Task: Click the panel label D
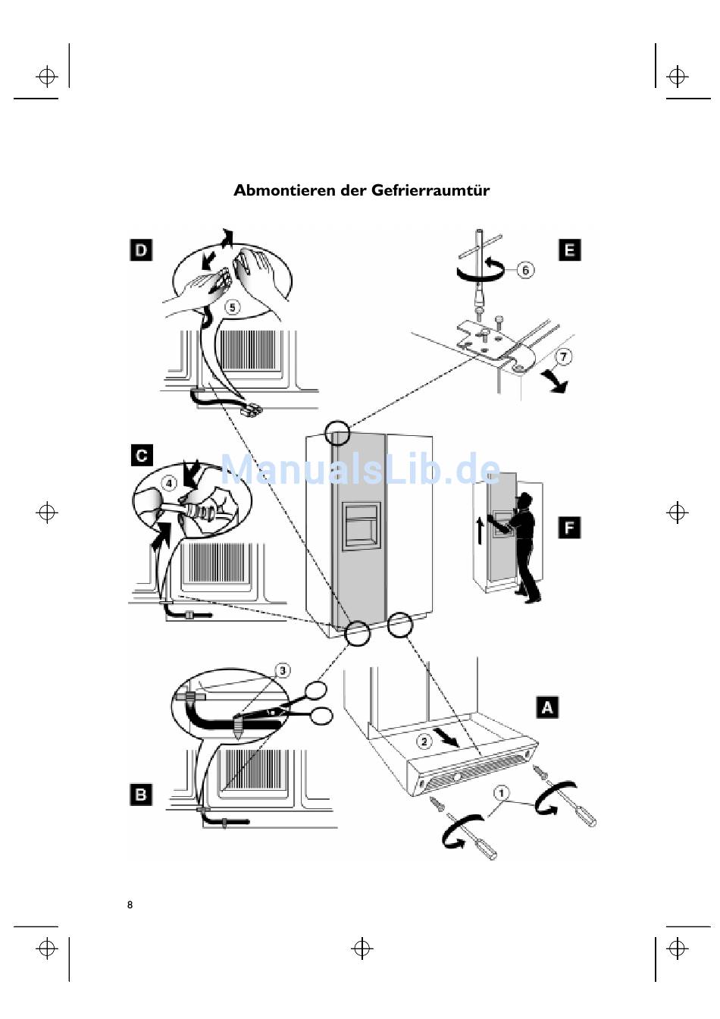[141, 250]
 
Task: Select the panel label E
[569, 250]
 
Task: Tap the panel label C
[142, 455]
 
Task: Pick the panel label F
[569, 527]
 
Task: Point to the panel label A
[547, 707]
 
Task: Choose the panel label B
[141, 795]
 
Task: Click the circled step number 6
[525, 269]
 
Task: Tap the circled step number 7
[563, 356]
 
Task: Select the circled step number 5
[233, 307]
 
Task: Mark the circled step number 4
[170, 482]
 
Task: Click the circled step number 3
[282, 670]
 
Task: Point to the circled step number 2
[424, 741]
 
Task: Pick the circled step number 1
[501, 793]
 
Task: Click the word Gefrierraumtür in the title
[430, 190]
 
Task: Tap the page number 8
[130, 905]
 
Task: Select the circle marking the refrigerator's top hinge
[337, 433]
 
